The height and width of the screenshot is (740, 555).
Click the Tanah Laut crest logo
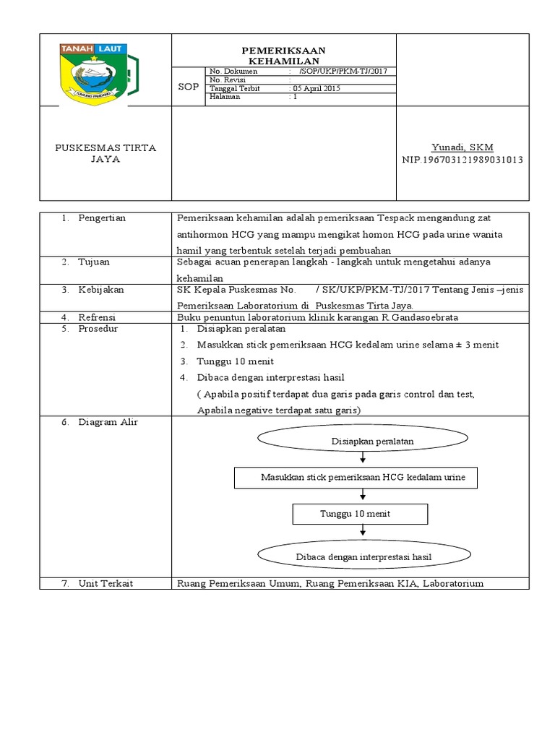click(x=94, y=72)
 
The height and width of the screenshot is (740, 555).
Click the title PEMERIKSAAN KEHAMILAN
click(x=283, y=56)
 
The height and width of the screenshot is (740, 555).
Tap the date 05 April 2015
click(x=317, y=88)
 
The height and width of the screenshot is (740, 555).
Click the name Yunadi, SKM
click(x=462, y=147)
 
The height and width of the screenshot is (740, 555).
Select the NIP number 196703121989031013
click(x=462, y=159)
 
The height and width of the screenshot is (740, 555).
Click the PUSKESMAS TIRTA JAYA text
click(x=106, y=153)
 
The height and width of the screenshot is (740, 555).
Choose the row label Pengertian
click(x=101, y=218)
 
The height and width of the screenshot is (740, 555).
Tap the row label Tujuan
click(x=94, y=262)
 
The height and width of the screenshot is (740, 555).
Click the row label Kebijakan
click(x=100, y=289)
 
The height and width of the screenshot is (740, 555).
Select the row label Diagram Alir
click(x=108, y=422)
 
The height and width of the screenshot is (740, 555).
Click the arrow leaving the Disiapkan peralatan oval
click(x=361, y=460)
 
